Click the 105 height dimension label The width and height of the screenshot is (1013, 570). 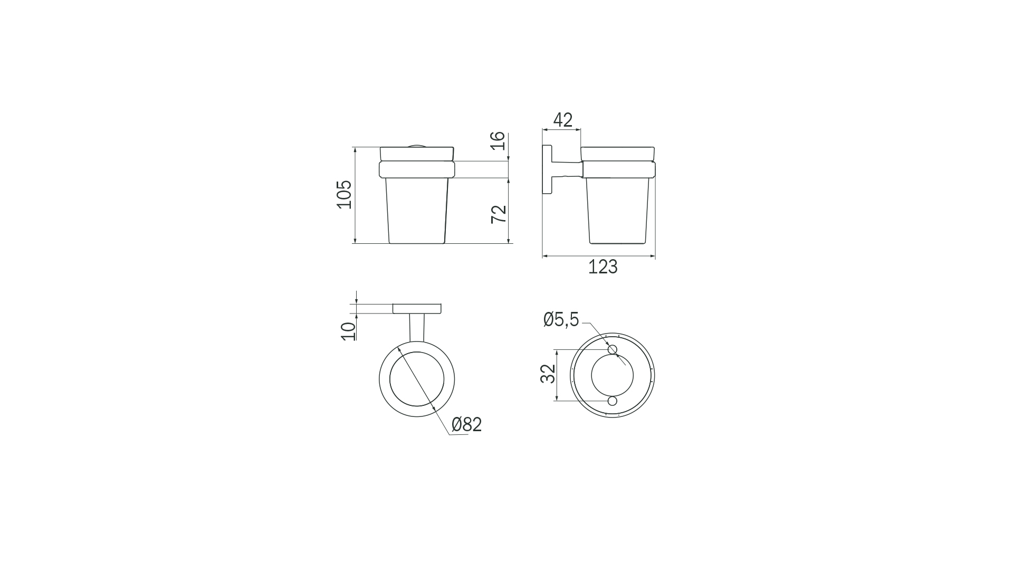pyautogui.click(x=344, y=195)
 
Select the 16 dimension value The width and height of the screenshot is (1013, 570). pyautogui.click(x=498, y=141)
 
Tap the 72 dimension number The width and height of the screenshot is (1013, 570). pyautogui.click(x=499, y=213)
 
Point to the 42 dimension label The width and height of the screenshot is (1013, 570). pyautogui.click(x=562, y=120)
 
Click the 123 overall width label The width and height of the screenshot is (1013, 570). pyautogui.click(x=603, y=267)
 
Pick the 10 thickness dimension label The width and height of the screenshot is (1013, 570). pyautogui.click(x=349, y=331)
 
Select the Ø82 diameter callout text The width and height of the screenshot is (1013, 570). pyautogui.click(x=466, y=424)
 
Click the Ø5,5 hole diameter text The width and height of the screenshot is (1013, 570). pyautogui.click(x=561, y=319)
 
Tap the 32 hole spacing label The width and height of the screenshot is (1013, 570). pyautogui.click(x=548, y=374)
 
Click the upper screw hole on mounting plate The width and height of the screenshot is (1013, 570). pyautogui.click(x=613, y=349)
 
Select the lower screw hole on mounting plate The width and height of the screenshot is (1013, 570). pyautogui.click(x=613, y=401)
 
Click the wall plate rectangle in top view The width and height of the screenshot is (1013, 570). pyautogui.click(x=417, y=309)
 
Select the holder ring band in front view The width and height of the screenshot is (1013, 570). pyautogui.click(x=417, y=169)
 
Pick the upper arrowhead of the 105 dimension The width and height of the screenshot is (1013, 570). pyautogui.click(x=355, y=150)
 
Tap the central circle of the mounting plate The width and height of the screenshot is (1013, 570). pyautogui.click(x=613, y=375)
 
